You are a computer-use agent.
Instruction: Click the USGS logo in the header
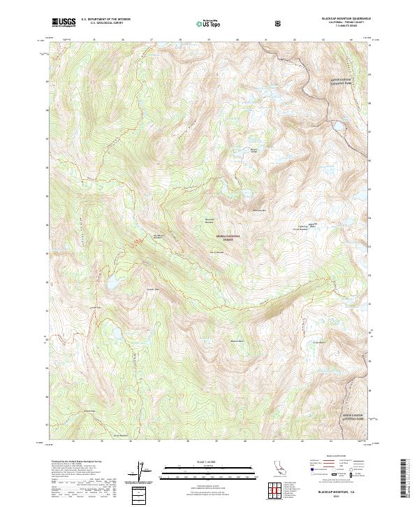(63, 22)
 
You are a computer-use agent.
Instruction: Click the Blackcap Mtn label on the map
(259, 210)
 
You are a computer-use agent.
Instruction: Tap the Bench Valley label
(254, 149)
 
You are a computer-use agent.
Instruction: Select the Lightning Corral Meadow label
(302, 227)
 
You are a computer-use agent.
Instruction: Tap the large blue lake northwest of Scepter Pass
(112, 281)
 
